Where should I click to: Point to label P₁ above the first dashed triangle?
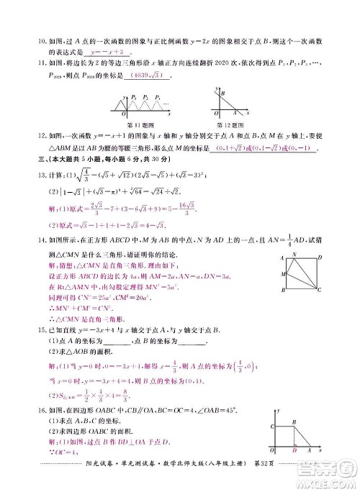[x=134, y=96]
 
